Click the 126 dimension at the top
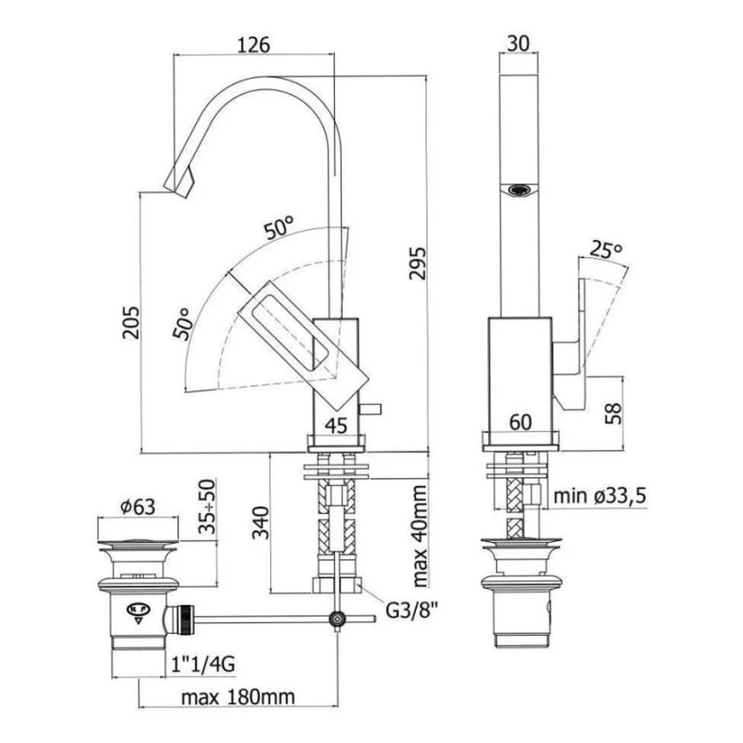tap(253, 45)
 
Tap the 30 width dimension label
tap(519, 43)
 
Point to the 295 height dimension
tap(418, 262)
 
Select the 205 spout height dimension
tap(132, 322)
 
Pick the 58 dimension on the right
tap(614, 413)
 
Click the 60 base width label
tap(520, 422)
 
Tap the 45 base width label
tap(337, 426)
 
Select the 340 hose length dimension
tap(261, 522)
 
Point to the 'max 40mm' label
tap(419, 536)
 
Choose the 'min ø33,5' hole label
tap(600, 496)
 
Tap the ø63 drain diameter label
tap(138, 507)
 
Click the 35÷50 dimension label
tap(207, 507)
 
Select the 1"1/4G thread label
tap(203, 665)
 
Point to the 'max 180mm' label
tap(238, 697)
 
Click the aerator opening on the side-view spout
tap(519, 190)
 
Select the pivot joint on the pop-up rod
tap(337, 618)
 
